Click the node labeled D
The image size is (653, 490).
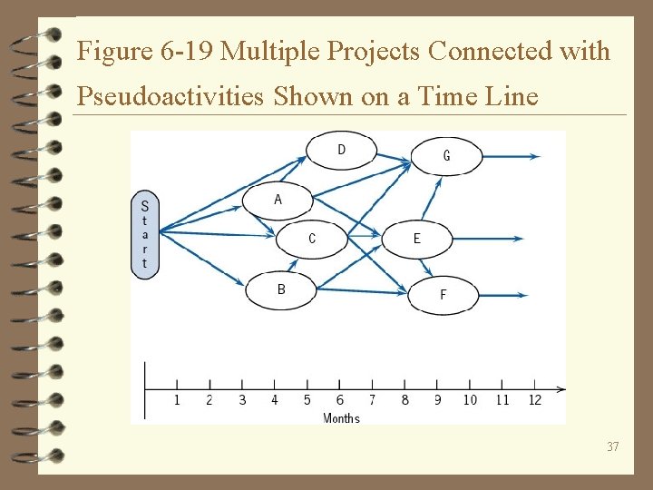click(x=341, y=150)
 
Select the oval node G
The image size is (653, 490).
click(x=446, y=156)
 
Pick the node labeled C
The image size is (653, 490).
click(x=312, y=239)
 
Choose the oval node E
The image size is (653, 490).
click(x=417, y=239)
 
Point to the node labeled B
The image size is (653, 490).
click(x=281, y=290)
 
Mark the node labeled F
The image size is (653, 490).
click(x=443, y=295)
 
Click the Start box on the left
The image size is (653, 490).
click(x=145, y=235)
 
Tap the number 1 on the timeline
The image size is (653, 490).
click(x=177, y=400)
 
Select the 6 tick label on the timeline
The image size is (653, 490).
click(x=340, y=400)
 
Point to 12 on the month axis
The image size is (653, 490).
click(x=534, y=400)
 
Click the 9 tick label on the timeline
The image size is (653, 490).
click(x=437, y=400)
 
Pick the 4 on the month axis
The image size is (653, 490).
click(x=275, y=400)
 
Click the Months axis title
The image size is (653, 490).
click(x=341, y=418)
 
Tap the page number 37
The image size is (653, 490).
click(x=613, y=446)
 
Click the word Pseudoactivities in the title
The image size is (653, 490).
click(x=171, y=95)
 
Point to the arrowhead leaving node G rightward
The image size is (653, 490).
click(x=535, y=156)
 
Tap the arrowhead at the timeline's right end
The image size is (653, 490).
click(x=560, y=390)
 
